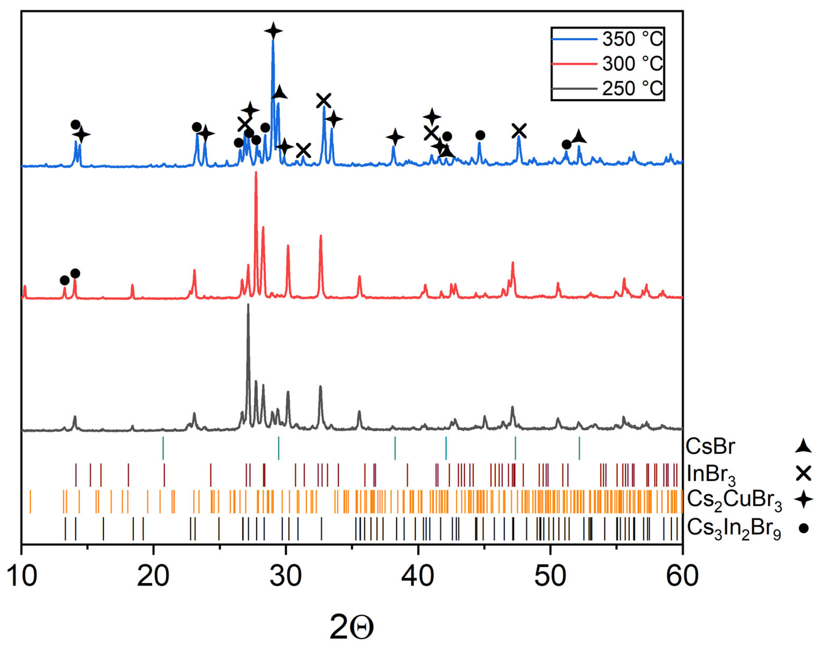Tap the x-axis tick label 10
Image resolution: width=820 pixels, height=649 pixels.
point(22,576)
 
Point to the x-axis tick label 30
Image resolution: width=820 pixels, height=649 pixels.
point(286,576)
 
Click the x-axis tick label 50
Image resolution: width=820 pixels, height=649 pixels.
point(550,576)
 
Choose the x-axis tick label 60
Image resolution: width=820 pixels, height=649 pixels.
point(682,576)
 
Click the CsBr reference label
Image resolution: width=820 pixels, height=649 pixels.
point(710,446)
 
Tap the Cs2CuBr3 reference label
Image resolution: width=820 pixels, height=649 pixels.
point(734,500)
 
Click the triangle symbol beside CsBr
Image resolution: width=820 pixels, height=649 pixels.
point(803,446)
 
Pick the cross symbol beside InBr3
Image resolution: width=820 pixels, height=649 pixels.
point(803,473)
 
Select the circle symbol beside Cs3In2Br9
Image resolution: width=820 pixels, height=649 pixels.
point(803,528)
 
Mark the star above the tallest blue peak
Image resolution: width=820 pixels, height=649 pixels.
point(273,31)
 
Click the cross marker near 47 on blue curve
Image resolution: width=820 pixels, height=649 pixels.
point(519,131)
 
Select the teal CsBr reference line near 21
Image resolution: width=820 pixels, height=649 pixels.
point(163,448)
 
